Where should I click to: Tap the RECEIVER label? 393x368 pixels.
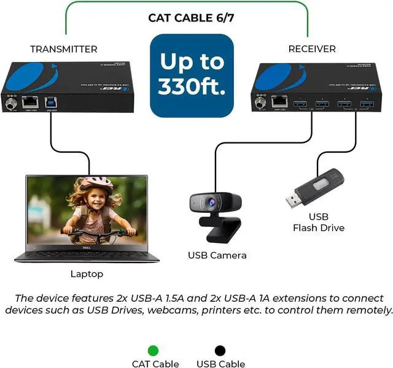point(312,48)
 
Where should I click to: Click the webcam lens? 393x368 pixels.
point(214,201)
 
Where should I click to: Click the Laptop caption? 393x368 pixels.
point(87,274)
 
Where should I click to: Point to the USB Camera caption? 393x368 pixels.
point(217,255)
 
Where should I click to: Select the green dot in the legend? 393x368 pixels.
point(153,351)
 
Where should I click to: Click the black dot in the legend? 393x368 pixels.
point(219,351)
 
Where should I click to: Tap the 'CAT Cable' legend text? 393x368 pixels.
point(155,364)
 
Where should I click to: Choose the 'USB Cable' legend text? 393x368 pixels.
point(221,364)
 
